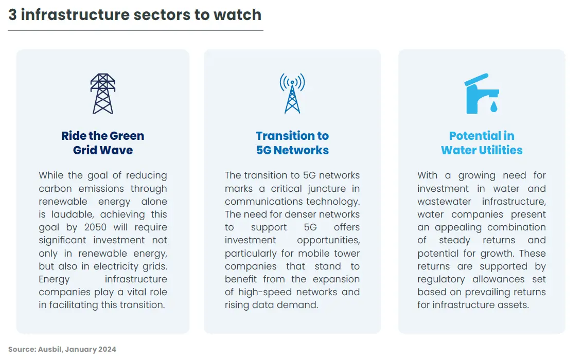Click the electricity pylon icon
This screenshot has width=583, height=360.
tap(102, 93)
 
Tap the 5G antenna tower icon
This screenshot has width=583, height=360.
tap(292, 93)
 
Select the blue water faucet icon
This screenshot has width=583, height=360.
tap(482, 94)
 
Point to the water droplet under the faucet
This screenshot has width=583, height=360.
tap(494, 106)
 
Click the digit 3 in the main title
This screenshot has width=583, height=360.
tap(12, 15)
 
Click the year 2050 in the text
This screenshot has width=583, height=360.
tap(95, 227)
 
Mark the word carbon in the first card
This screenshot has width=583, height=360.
tap(55, 188)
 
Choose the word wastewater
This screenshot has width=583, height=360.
tap(444, 202)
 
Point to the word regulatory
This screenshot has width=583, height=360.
tap(441, 279)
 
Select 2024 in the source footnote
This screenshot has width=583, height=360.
tap(107, 349)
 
